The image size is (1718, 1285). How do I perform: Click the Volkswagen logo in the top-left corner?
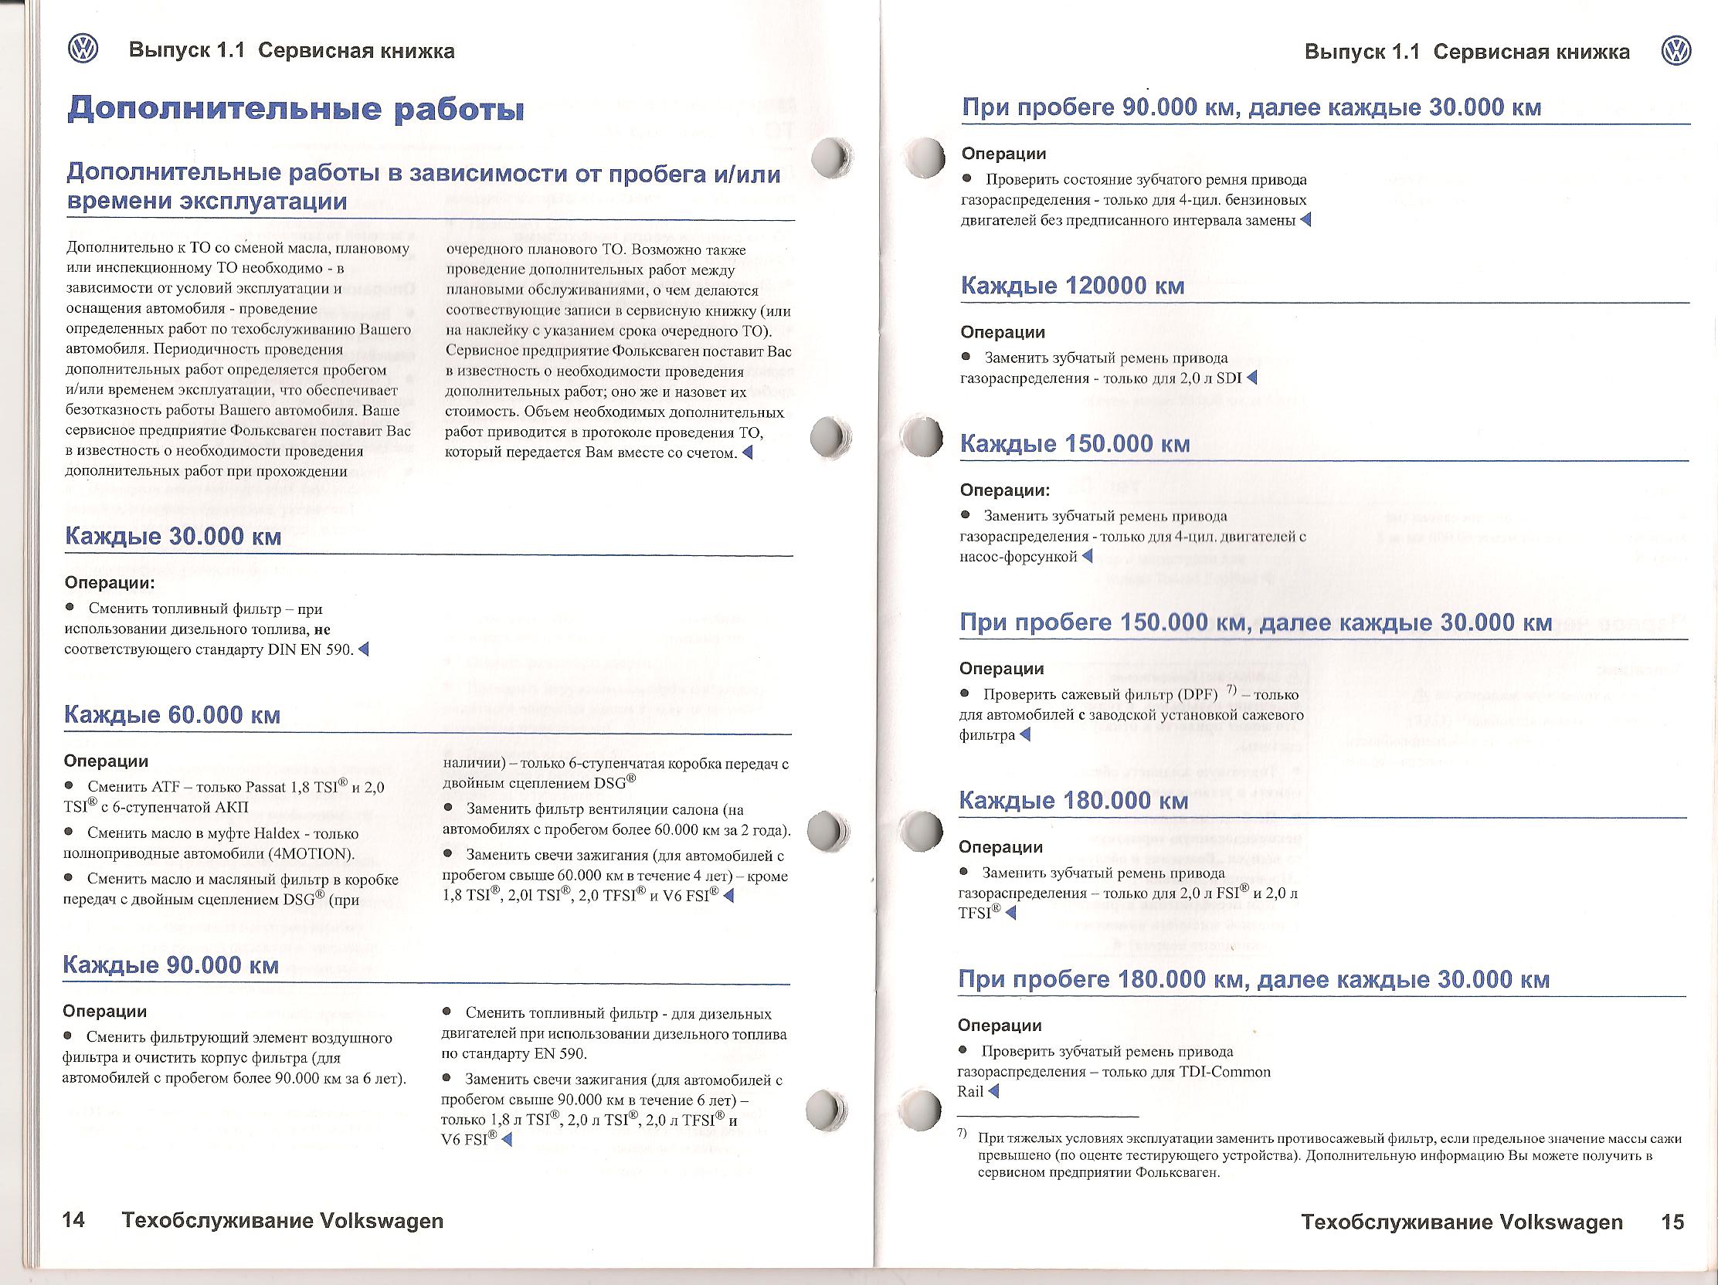pos(83,49)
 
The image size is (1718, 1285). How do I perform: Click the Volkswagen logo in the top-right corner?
pos(1676,51)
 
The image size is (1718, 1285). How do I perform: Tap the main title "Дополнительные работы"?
pos(295,109)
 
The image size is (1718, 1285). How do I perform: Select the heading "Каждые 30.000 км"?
pos(172,537)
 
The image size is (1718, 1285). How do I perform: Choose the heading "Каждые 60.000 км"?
pos(171,714)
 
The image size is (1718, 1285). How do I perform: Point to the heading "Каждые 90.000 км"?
pos(170,965)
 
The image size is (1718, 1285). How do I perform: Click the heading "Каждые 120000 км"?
pos(1072,286)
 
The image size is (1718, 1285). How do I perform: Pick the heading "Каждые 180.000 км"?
pos(1073,801)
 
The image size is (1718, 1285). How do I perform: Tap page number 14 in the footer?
pos(73,1221)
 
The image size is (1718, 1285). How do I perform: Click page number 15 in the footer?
pos(1672,1222)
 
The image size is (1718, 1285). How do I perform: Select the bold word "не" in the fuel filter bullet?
pos(321,629)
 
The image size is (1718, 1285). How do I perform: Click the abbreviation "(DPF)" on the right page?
pos(1197,694)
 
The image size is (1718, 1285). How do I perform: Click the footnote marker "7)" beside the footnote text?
pos(963,1133)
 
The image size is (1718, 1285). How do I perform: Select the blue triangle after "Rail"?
pos(993,1091)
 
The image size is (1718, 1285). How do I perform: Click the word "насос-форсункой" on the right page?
pos(1018,556)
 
